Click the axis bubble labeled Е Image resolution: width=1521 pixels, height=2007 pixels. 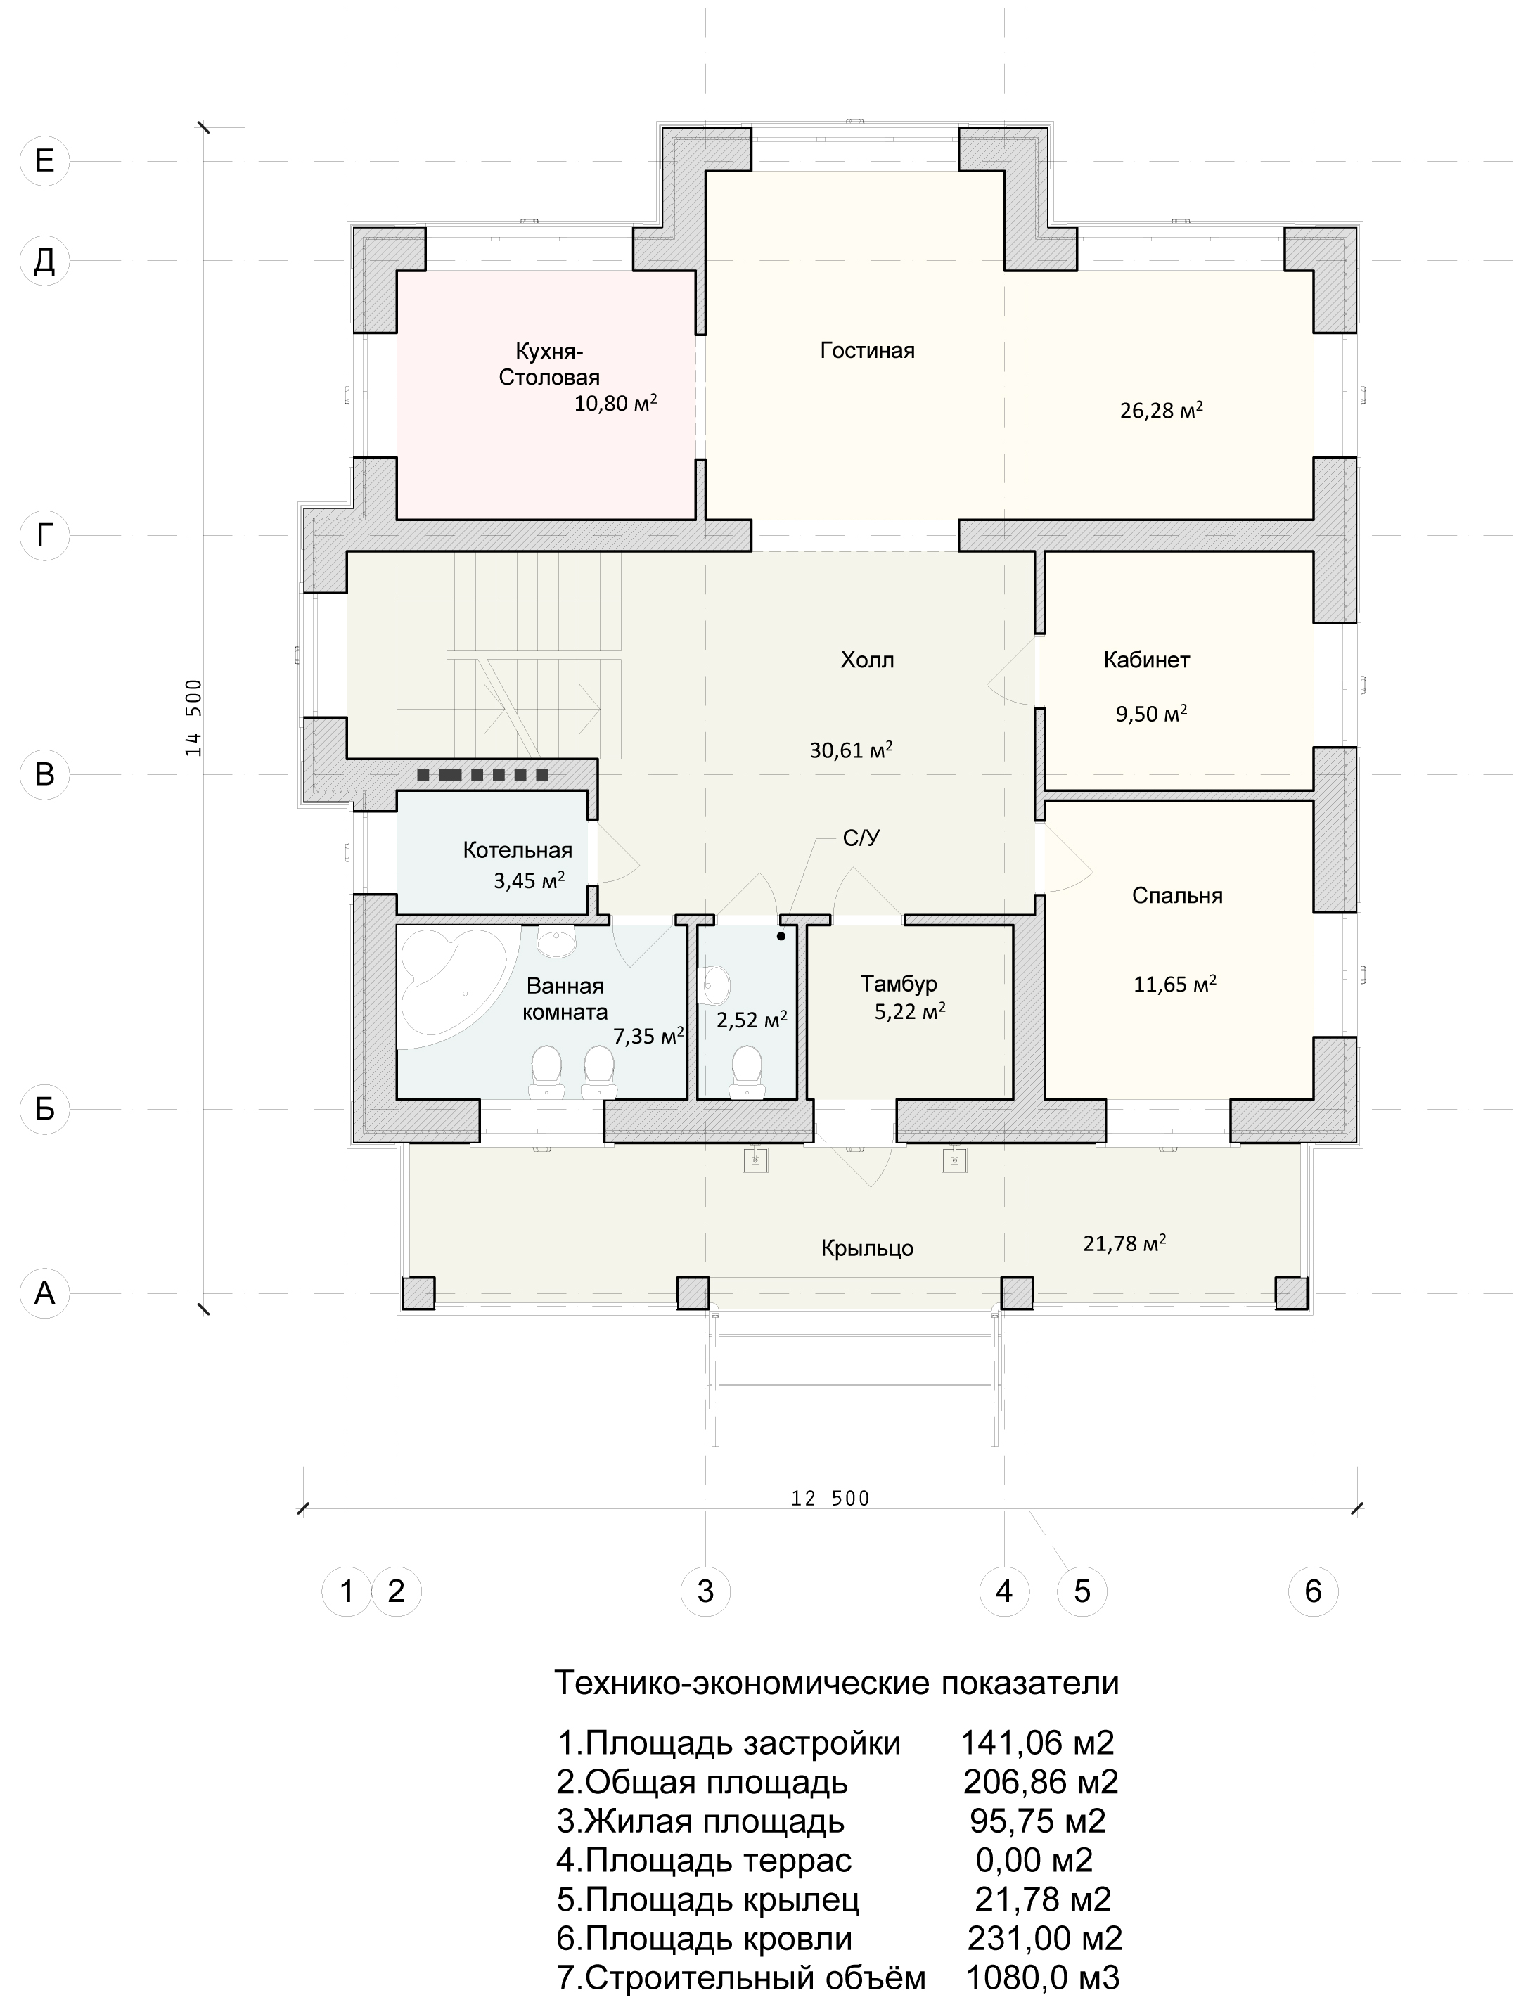coord(44,162)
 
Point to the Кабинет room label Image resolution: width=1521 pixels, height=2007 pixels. coord(1146,660)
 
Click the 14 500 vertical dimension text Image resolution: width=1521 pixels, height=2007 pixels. coord(193,718)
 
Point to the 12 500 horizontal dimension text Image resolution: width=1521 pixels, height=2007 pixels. coord(830,1498)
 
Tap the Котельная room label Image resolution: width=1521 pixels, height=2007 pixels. coord(518,850)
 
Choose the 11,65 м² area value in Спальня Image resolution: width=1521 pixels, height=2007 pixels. coord(1175,984)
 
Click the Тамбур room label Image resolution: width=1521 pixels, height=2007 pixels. coord(899,984)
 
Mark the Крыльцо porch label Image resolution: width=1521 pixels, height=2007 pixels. coord(866,1248)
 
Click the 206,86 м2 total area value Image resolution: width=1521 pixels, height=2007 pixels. coord(1040,1783)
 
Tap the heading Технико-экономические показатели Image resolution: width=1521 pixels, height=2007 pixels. coord(837,1683)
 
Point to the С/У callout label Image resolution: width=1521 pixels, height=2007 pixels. coord(861,838)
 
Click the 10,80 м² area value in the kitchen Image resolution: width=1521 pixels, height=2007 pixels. coord(615,403)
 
